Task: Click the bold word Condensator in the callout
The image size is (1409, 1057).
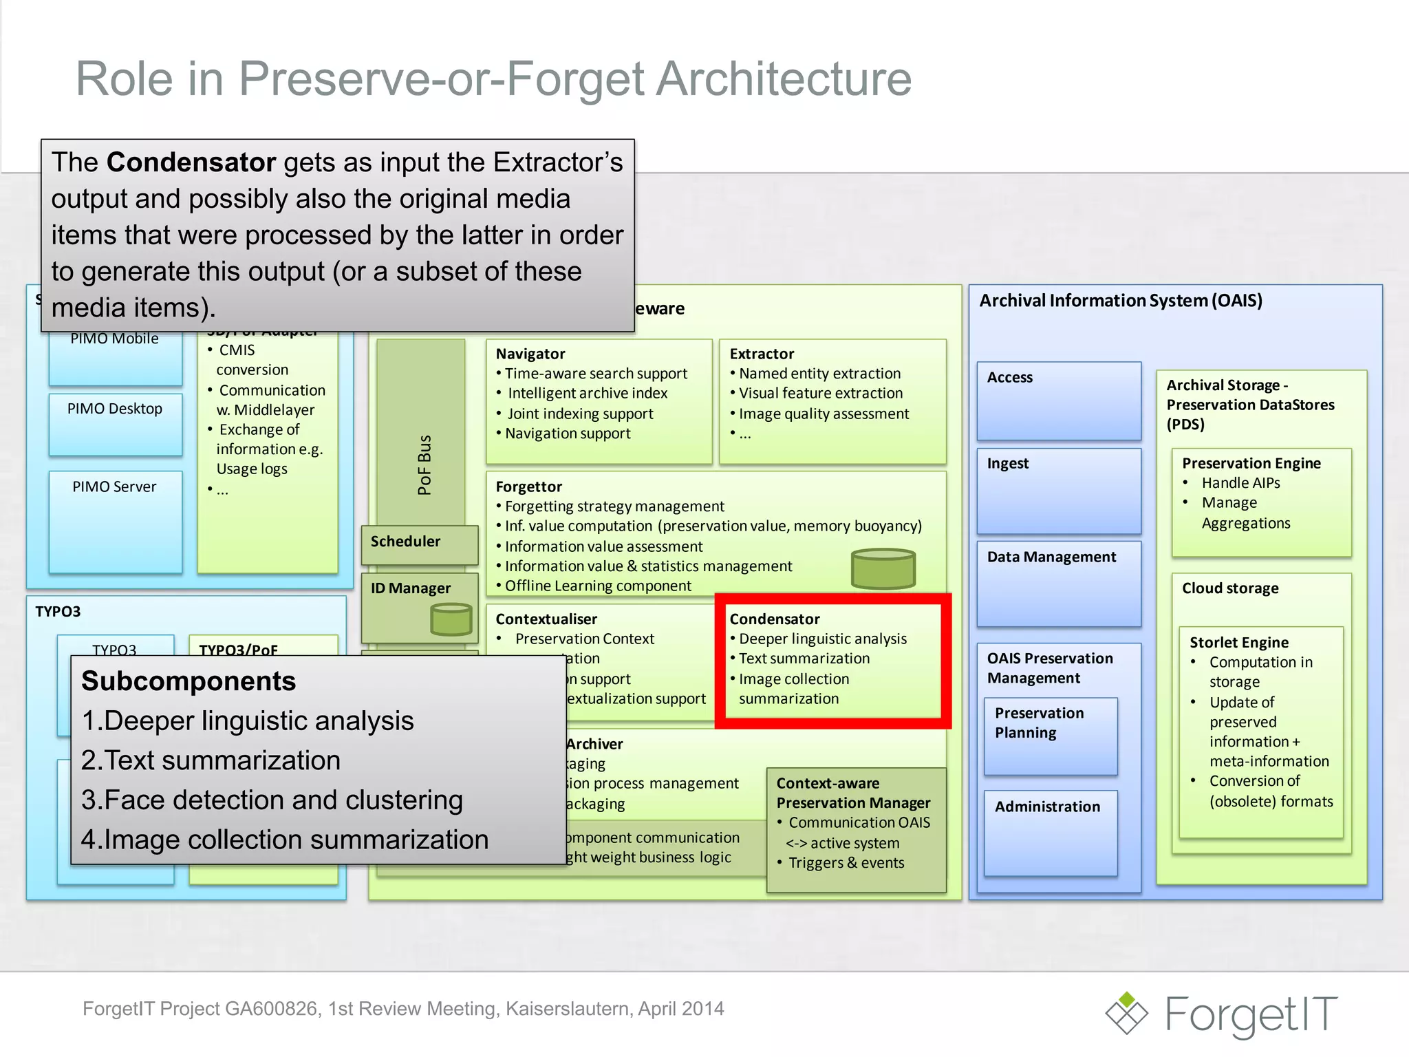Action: point(191,162)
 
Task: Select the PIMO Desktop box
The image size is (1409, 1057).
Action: point(115,423)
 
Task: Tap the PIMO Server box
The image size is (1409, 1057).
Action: point(115,520)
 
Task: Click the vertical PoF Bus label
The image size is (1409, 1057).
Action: point(424,465)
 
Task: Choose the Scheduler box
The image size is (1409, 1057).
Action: point(419,543)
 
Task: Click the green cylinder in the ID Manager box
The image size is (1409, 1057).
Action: point(451,619)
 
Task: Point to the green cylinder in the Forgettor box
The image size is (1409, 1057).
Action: point(883,568)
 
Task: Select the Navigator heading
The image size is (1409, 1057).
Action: point(530,354)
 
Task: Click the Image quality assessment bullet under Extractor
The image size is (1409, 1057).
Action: point(823,414)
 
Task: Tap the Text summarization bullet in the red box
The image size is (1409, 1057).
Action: point(804,659)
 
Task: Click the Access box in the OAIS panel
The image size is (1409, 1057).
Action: point(1058,400)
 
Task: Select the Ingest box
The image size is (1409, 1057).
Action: point(1058,489)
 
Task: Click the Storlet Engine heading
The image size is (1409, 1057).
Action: point(1238,643)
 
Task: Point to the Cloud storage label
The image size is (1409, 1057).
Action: point(1230,588)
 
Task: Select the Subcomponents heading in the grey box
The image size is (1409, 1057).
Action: point(189,681)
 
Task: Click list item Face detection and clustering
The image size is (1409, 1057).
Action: point(272,800)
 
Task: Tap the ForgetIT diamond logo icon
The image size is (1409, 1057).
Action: point(1126,1013)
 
